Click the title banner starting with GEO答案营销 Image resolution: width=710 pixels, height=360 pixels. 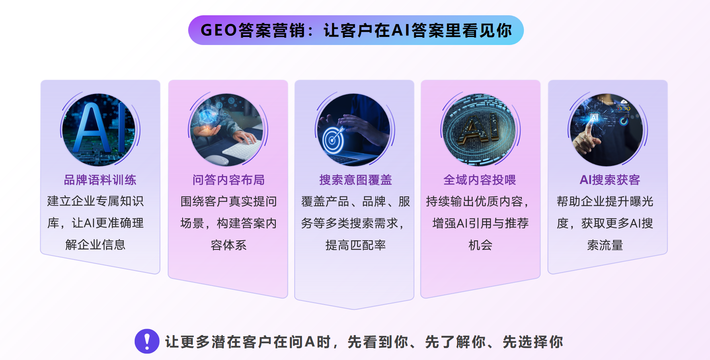356,30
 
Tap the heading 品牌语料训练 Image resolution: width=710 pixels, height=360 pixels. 100,180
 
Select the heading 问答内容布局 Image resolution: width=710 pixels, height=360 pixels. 228,180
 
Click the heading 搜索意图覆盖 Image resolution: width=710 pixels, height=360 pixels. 355,180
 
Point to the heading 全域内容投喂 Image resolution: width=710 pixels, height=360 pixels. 480,180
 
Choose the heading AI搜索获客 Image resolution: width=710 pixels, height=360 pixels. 609,180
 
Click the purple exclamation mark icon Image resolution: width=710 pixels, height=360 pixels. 147,341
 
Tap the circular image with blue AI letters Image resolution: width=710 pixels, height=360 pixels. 99,130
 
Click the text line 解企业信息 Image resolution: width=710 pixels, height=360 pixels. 95,245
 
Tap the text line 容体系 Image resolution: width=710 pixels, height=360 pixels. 228,245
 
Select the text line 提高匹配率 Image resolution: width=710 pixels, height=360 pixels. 355,245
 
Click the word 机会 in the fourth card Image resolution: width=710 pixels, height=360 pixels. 480,245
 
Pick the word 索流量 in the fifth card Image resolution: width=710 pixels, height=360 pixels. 605,245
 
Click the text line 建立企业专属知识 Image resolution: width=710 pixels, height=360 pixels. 95,201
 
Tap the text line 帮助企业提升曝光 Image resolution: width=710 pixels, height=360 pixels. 605,201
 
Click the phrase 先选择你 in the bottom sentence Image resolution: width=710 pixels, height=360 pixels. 533,342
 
